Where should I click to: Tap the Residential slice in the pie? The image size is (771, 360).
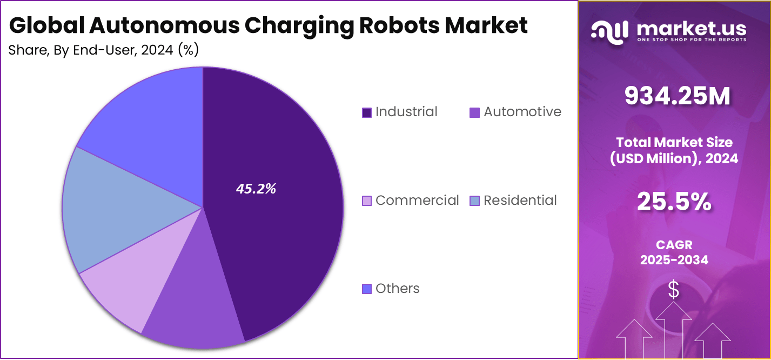coord(108,211)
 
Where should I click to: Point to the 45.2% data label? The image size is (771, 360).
coord(256,189)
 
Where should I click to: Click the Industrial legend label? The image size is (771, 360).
coord(406,112)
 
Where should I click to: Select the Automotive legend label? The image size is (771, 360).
coord(522,112)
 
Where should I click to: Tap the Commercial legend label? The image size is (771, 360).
coord(417,201)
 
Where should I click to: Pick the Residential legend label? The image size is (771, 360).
coord(520,201)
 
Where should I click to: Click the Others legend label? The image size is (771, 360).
coord(397,289)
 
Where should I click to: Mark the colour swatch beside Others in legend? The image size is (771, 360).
coord(367,289)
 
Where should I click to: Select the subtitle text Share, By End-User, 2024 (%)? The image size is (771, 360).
coord(104,50)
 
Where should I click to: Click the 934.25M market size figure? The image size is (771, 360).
coord(678,96)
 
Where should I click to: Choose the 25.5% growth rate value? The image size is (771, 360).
coord(674,202)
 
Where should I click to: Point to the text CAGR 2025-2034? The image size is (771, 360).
coord(674,252)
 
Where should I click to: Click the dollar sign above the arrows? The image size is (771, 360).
coord(674,290)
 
